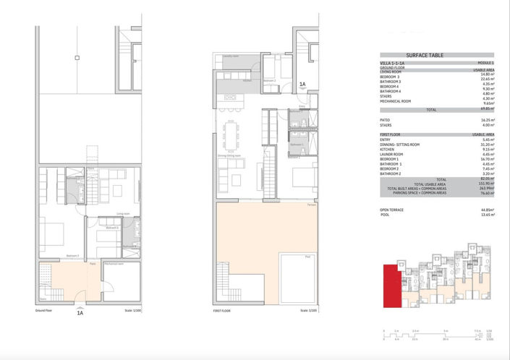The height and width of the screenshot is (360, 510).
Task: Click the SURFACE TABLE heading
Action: (x=425, y=56)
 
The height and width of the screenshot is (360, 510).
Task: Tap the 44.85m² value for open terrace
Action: (x=485, y=210)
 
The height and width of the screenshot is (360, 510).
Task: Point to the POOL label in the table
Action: (x=385, y=215)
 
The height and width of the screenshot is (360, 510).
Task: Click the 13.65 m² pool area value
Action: (x=485, y=215)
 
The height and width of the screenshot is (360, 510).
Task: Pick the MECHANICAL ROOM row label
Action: (x=395, y=101)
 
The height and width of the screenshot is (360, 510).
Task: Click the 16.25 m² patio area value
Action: (x=485, y=120)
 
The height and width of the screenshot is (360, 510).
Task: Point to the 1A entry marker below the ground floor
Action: (x=80, y=314)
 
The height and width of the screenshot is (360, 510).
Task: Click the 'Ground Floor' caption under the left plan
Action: (x=44, y=309)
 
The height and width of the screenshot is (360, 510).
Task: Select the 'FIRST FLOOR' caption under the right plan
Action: (x=221, y=309)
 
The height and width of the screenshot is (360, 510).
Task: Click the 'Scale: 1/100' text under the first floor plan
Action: (x=307, y=309)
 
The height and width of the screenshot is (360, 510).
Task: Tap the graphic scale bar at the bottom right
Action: (x=438, y=335)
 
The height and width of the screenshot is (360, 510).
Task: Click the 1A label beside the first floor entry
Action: (x=303, y=85)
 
